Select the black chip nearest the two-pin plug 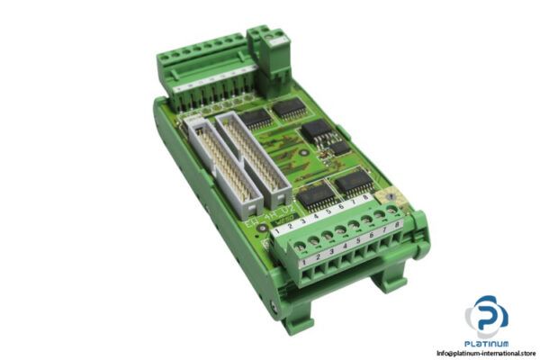[x=288, y=110]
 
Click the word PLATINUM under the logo [x=486, y=342]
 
